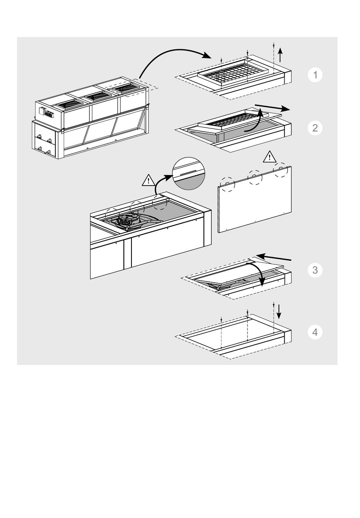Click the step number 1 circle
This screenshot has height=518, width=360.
click(x=315, y=75)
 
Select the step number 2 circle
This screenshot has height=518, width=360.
click(x=315, y=128)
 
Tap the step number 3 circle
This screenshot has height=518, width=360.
click(x=315, y=270)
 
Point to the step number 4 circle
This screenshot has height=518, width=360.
click(x=315, y=332)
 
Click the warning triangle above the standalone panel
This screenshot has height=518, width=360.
click(x=269, y=157)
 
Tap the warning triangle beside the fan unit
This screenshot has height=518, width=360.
click(x=149, y=180)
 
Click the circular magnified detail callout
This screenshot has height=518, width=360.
click(x=188, y=174)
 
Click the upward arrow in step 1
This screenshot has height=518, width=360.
click(x=280, y=55)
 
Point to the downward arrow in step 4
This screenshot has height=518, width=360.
click(x=279, y=311)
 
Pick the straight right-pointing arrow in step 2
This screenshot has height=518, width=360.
click(x=272, y=107)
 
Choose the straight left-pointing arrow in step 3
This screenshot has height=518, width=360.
click(x=274, y=258)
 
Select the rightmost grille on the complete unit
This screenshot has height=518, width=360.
click(x=126, y=88)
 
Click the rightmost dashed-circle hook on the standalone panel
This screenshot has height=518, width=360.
click(x=280, y=169)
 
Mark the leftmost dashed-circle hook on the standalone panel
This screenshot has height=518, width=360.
click(x=227, y=184)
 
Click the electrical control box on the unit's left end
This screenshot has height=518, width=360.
click(x=47, y=113)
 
